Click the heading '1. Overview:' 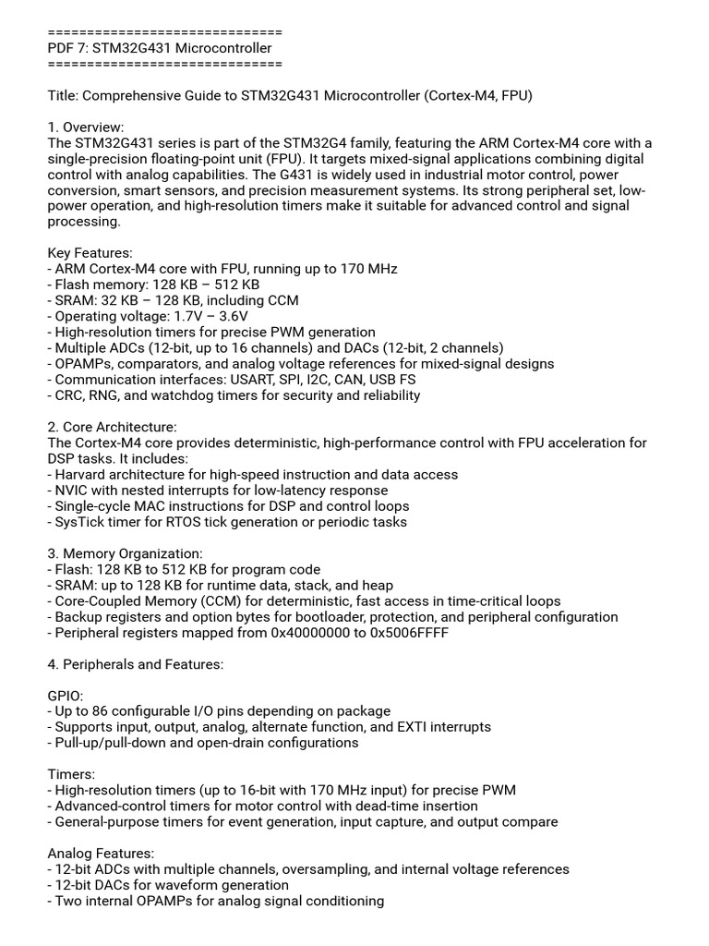[85, 127]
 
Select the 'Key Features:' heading [90, 253]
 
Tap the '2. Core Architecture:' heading [112, 427]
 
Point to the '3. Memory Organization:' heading [125, 553]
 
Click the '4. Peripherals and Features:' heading [135, 664]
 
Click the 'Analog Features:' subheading [101, 854]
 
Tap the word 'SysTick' [80, 522]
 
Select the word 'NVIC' [72, 491]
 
